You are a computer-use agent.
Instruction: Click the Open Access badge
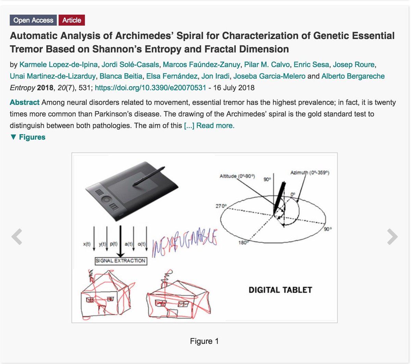[33, 20]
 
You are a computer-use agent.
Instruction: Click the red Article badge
[72, 20]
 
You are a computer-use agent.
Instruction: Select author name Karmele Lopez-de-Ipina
[59, 64]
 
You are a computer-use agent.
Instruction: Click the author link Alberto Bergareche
[353, 76]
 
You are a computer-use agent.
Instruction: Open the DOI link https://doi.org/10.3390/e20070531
[150, 88]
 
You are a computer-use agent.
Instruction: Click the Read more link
[215, 126]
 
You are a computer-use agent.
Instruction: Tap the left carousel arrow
[16, 237]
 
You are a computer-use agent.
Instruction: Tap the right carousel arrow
[393, 237]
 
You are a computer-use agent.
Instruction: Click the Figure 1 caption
[204, 341]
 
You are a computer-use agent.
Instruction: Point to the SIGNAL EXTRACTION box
[121, 261]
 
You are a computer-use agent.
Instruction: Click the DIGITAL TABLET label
[280, 290]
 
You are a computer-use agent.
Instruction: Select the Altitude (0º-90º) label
[237, 176]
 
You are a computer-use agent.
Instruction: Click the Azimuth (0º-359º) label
[310, 173]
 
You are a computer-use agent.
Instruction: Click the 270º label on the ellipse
[221, 206]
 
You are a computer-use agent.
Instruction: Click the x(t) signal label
[87, 244]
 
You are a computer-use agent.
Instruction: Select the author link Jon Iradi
[217, 76]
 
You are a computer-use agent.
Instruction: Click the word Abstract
[25, 102]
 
